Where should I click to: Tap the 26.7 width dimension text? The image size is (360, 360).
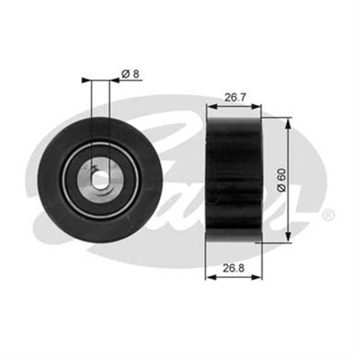(x=234, y=97)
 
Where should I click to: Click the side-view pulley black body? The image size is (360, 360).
(x=233, y=180)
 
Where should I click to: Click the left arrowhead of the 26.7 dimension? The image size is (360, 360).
(x=210, y=106)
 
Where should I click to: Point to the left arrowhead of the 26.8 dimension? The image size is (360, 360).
(x=210, y=276)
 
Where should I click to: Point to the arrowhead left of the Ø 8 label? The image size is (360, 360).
(x=114, y=80)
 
